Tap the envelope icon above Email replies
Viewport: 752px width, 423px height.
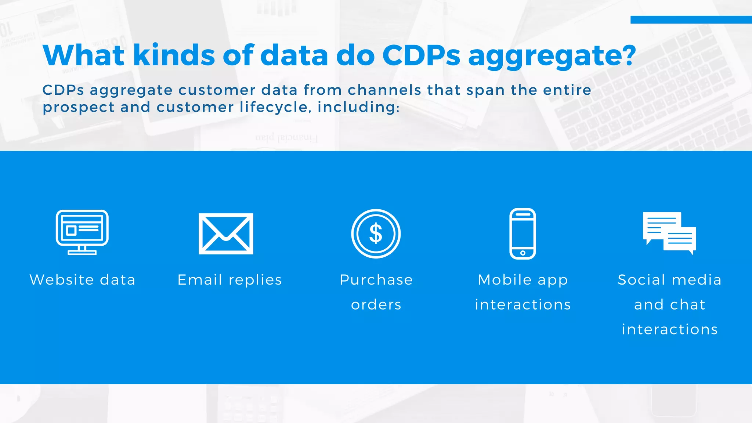226,234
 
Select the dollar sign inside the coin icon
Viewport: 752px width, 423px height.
376,234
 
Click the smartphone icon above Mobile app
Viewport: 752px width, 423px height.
523,234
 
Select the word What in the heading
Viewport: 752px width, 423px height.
84,55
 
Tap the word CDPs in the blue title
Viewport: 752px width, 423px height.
421,55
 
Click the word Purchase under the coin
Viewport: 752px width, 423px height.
376,280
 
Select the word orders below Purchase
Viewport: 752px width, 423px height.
376,305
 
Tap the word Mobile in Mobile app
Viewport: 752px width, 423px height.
505,280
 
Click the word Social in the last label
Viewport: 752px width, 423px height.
641,280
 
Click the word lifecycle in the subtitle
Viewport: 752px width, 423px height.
274,107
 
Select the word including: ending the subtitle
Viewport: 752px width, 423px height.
358,107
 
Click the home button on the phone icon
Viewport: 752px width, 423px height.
523,253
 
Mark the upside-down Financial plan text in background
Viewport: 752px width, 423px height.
286,138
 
